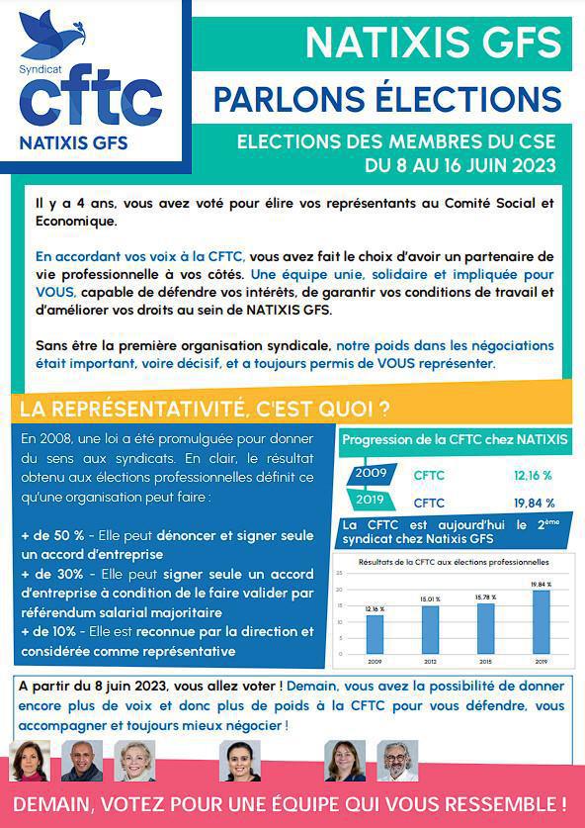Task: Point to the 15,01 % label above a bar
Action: [x=430, y=599]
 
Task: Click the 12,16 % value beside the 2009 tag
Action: [x=534, y=475]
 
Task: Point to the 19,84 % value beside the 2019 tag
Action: [x=534, y=503]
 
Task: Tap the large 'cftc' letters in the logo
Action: [x=90, y=100]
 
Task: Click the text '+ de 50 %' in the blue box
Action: [x=51, y=535]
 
